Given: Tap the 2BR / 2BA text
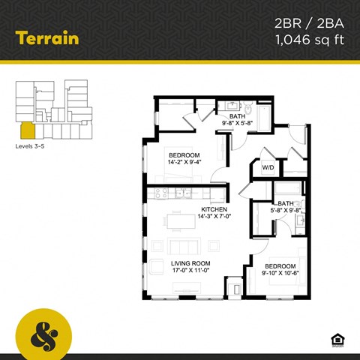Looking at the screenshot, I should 308,25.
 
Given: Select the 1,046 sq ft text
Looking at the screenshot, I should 308,40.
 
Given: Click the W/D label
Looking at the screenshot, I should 268,168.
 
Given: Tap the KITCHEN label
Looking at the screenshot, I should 214,209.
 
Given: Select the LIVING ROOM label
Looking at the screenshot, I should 190,263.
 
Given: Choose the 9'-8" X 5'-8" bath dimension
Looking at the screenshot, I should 238,124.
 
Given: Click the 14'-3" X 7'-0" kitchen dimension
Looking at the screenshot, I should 215,218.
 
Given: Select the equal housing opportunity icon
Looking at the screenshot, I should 337,340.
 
